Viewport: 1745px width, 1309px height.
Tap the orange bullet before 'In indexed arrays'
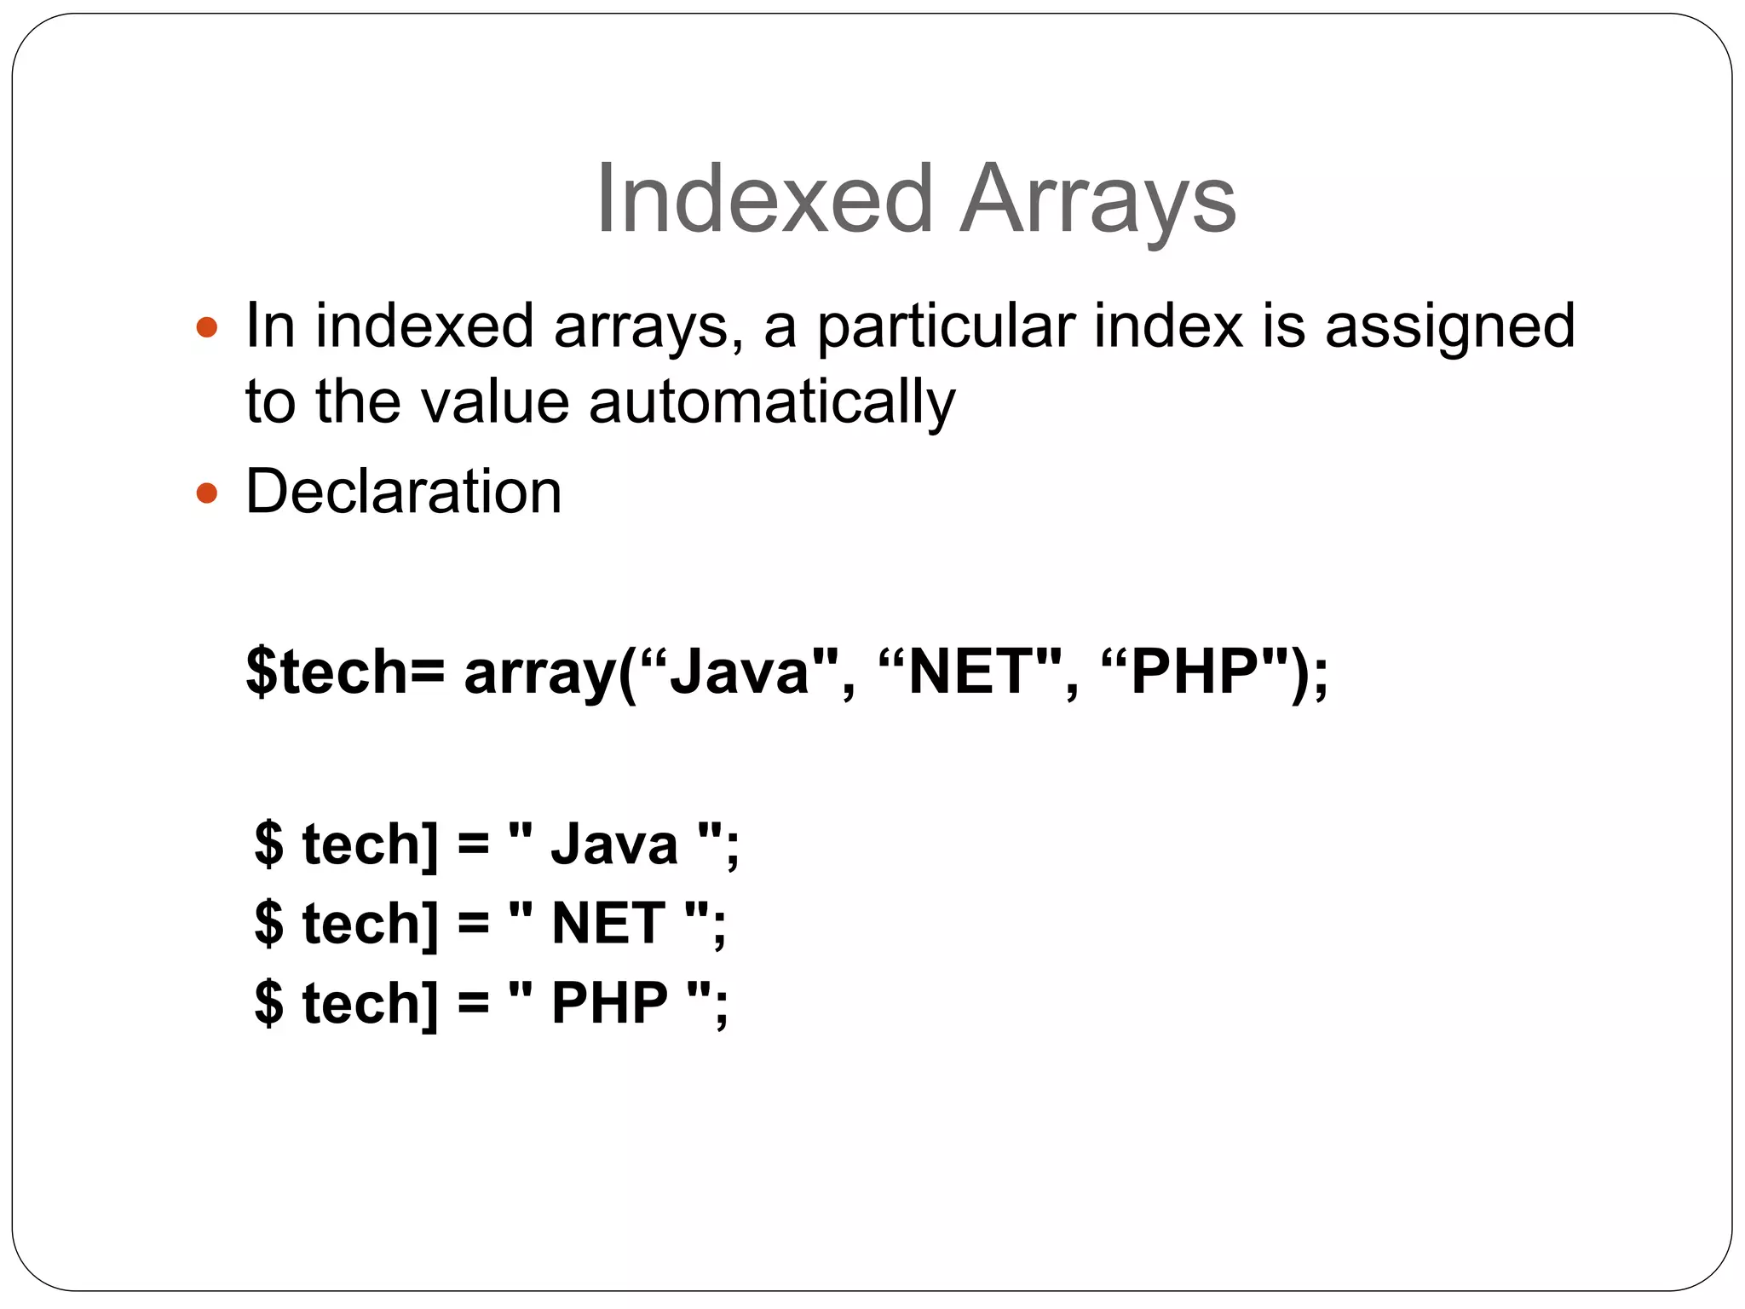206,327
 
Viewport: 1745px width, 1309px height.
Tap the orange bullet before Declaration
206,493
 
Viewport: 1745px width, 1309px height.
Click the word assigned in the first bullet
1449,327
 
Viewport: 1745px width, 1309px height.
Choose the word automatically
772,402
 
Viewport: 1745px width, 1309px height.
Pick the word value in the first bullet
494,402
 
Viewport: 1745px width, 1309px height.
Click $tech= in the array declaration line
344,672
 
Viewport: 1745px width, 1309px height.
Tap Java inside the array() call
738,672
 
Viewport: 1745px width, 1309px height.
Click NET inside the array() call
971,672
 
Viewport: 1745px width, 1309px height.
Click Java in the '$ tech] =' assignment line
614,845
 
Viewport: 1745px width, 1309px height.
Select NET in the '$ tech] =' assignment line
608,923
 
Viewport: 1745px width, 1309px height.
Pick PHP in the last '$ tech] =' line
609,1002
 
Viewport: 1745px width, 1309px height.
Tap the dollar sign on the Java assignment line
268,845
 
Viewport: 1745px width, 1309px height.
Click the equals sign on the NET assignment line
473,923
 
